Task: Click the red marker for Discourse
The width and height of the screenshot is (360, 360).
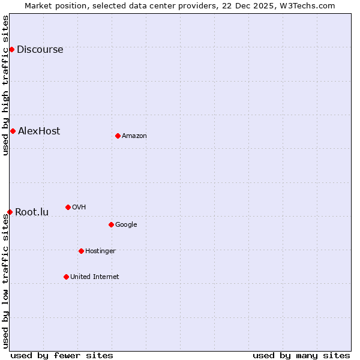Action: (x=11, y=49)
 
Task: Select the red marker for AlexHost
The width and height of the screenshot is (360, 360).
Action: (x=13, y=131)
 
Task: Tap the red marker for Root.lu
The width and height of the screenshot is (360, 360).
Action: (x=10, y=212)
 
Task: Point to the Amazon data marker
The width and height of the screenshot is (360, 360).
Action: (x=118, y=136)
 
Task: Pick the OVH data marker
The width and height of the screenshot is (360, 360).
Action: (x=68, y=207)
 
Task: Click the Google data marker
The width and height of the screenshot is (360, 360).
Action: (x=111, y=224)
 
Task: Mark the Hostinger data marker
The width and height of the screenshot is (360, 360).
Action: (x=81, y=251)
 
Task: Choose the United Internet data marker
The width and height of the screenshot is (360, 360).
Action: (x=66, y=277)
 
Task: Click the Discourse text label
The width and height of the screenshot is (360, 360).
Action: (x=40, y=49)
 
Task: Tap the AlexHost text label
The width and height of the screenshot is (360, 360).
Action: (x=39, y=131)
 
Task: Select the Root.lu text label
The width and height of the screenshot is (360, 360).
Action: (x=32, y=212)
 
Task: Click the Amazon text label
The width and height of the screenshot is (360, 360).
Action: (x=134, y=136)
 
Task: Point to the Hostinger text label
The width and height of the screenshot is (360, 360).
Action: (x=100, y=251)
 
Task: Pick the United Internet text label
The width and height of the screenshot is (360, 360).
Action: (x=95, y=277)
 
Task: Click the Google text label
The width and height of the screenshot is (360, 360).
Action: (x=126, y=224)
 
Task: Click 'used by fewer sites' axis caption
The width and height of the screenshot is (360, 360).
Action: (x=62, y=355)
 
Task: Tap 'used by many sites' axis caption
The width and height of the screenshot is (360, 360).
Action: (x=301, y=355)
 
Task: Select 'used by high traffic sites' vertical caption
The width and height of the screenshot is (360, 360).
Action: (x=5, y=85)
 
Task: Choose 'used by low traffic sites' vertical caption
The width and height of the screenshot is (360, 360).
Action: (x=5, y=281)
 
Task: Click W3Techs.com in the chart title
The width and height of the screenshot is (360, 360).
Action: (x=308, y=5)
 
